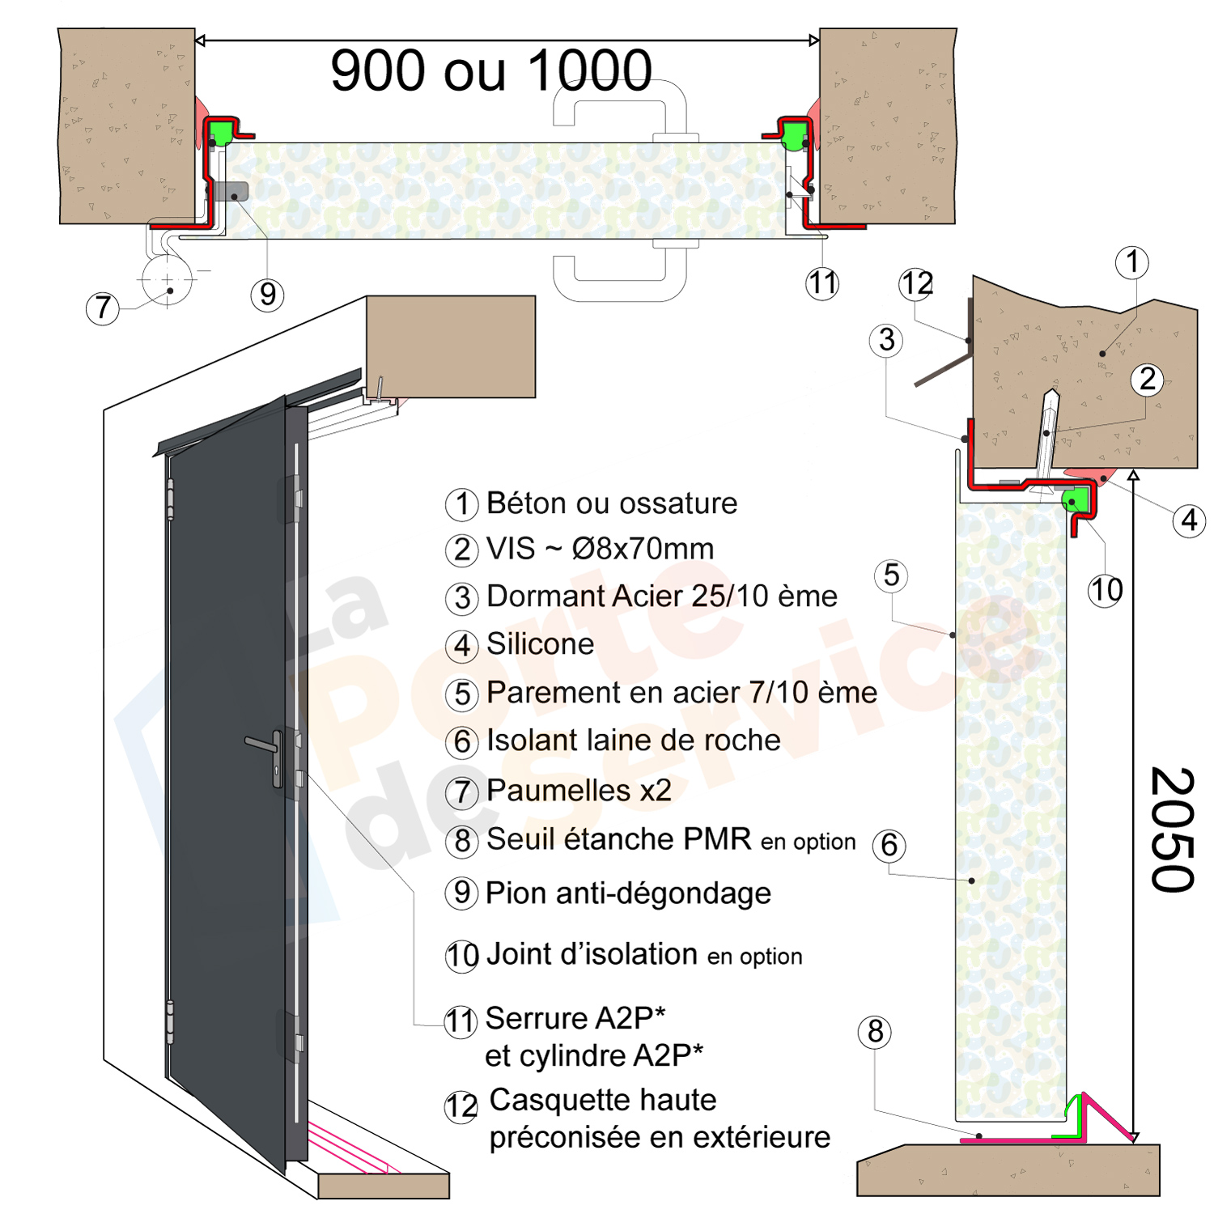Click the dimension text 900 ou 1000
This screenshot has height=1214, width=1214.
[491, 70]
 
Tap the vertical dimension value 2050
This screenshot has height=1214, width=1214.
[1171, 830]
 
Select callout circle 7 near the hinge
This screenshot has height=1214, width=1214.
[103, 308]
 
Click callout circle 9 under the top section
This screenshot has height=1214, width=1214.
[268, 294]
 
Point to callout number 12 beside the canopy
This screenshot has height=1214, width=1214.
[916, 284]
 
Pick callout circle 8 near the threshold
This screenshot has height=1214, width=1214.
[875, 1032]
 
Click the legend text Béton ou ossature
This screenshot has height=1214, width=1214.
[611, 503]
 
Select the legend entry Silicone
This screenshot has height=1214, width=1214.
[540, 644]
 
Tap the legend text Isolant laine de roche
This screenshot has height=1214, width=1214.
[633, 741]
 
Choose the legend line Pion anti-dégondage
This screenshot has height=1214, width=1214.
[628, 894]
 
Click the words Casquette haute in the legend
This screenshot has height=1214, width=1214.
[603, 1100]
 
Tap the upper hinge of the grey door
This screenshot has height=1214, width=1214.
[170, 499]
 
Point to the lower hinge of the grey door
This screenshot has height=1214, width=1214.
[170, 1021]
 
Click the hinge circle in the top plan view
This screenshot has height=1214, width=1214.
[168, 280]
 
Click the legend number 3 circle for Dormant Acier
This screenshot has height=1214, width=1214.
[462, 598]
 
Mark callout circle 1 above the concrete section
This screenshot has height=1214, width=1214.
[1131, 262]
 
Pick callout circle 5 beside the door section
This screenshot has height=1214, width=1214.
[891, 575]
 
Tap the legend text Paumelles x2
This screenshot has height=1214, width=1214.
[579, 791]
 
